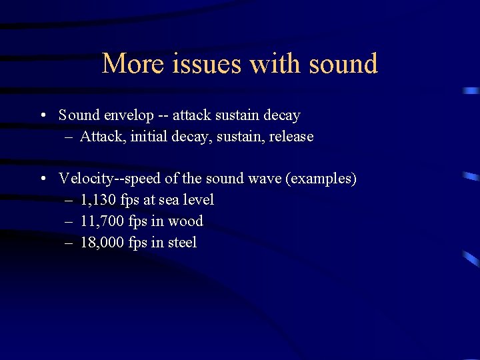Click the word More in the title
pos(131,64)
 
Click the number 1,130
pos(98,200)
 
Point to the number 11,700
pos(101,221)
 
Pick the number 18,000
pos(101,243)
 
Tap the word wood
pos(185,221)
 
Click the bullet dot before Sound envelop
pos(43,115)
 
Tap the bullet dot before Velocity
pos(43,179)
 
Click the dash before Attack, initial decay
pos(69,137)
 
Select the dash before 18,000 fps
pos(69,243)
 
